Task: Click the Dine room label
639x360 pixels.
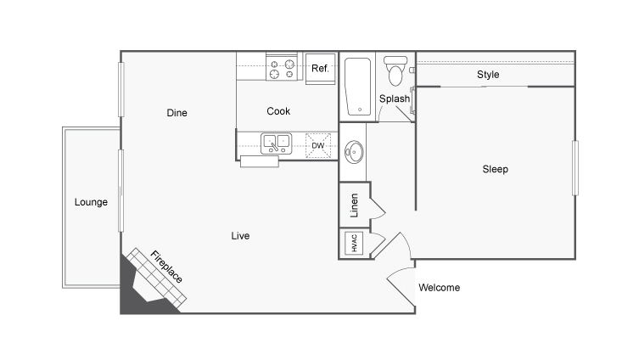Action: click(x=177, y=113)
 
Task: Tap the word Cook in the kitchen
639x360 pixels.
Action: click(x=278, y=111)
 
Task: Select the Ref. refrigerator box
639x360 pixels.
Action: click(x=320, y=69)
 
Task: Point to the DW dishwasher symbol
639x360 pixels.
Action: click(x=318, y=145)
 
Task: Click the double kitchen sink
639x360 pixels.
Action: click(x=277, y=143)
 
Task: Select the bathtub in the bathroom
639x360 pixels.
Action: click(x=358, y=87)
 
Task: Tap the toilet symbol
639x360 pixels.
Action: click(x=395, y=71)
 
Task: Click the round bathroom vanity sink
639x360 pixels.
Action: click(x=354, y=152)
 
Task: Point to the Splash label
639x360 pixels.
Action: click(x=395, y=98)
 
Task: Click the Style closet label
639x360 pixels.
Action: click(x=488, y=75)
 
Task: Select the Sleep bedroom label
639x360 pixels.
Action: click(x=495, y=169)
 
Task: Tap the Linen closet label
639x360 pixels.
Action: click(x=354, y=205)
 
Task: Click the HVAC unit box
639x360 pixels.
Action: click(x=354, y=243)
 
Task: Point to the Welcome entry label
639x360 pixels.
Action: click(x=440, y=288)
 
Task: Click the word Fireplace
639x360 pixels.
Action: click(x=166, y=267)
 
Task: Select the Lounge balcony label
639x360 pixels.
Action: click(x=91, y=202)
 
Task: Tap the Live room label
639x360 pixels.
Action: click(x=240, y=236)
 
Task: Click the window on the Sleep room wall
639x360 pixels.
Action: click(x=575, y=168)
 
